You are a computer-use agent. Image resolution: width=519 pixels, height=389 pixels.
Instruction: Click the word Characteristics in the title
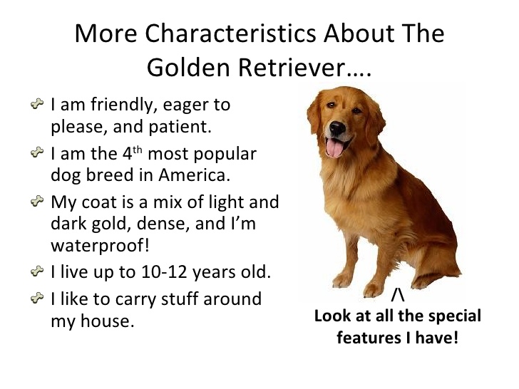pos(230,33)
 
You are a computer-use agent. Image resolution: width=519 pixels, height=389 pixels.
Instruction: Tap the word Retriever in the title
pos(292,68)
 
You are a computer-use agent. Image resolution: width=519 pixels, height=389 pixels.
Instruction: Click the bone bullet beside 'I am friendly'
pos(37,104)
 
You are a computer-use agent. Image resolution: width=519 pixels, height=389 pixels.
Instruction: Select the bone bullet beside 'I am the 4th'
pos(37,152)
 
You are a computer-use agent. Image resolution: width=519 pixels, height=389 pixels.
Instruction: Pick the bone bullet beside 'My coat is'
pos(37,201)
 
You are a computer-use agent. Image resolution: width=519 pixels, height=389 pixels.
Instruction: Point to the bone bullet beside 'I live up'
pos(37,271)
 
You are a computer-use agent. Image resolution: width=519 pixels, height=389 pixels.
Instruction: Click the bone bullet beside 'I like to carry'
pos(37,298)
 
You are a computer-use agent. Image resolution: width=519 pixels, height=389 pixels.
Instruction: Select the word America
pos(194,175)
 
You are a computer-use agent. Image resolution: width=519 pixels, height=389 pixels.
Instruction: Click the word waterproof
pos(100,246)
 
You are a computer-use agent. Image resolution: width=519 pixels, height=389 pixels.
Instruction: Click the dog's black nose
pos(337,128)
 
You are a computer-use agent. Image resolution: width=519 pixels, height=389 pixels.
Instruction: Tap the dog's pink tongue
pos(334,148)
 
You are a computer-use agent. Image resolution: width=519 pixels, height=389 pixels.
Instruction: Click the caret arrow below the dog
pos(398,295)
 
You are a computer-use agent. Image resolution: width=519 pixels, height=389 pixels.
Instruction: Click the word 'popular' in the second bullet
pos(225,155)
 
